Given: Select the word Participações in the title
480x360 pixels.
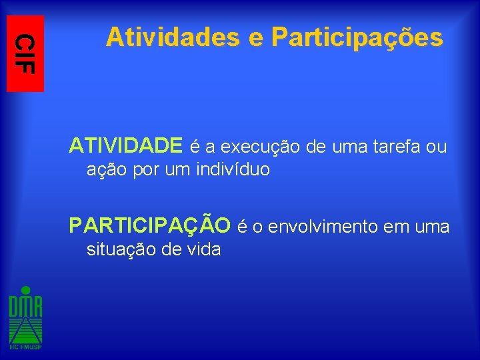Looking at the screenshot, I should (x=357, y=39).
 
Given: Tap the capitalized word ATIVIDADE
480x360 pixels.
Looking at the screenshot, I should (x=126, y=145).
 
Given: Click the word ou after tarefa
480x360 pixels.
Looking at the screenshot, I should (x=437, y=146).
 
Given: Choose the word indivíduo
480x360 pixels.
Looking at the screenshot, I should (x=233, y=169).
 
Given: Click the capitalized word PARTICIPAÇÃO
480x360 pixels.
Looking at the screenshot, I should (x=150, y=225).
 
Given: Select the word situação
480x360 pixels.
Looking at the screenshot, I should (x=119, y=250).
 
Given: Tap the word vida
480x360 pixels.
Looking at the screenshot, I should (x=204, y=250).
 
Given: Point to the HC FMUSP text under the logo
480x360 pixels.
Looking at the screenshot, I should (x=25, y=347).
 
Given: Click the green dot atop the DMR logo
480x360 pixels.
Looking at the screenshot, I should (x=25, y=290).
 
